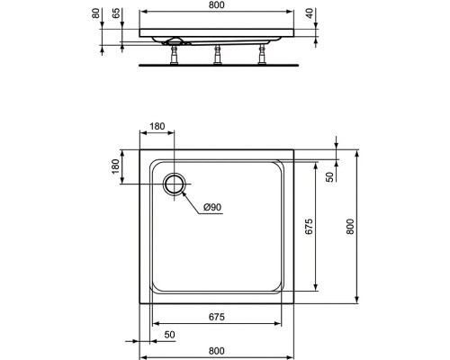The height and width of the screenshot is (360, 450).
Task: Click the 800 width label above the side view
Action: coord(216,5)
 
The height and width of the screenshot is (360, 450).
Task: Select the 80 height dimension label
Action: coord(95,13)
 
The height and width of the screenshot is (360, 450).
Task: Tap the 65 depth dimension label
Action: coord(116,13)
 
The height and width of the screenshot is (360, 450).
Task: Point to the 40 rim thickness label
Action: coord(310,13)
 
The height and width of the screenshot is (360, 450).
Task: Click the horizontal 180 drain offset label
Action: coord(157,126)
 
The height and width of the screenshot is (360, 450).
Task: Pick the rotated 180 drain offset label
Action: coord(115,166)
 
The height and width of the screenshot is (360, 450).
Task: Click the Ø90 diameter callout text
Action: coord(212,207)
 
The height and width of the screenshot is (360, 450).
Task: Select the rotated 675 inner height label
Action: coord(309,227)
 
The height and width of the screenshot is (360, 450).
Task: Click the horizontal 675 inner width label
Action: coord(216,317)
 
